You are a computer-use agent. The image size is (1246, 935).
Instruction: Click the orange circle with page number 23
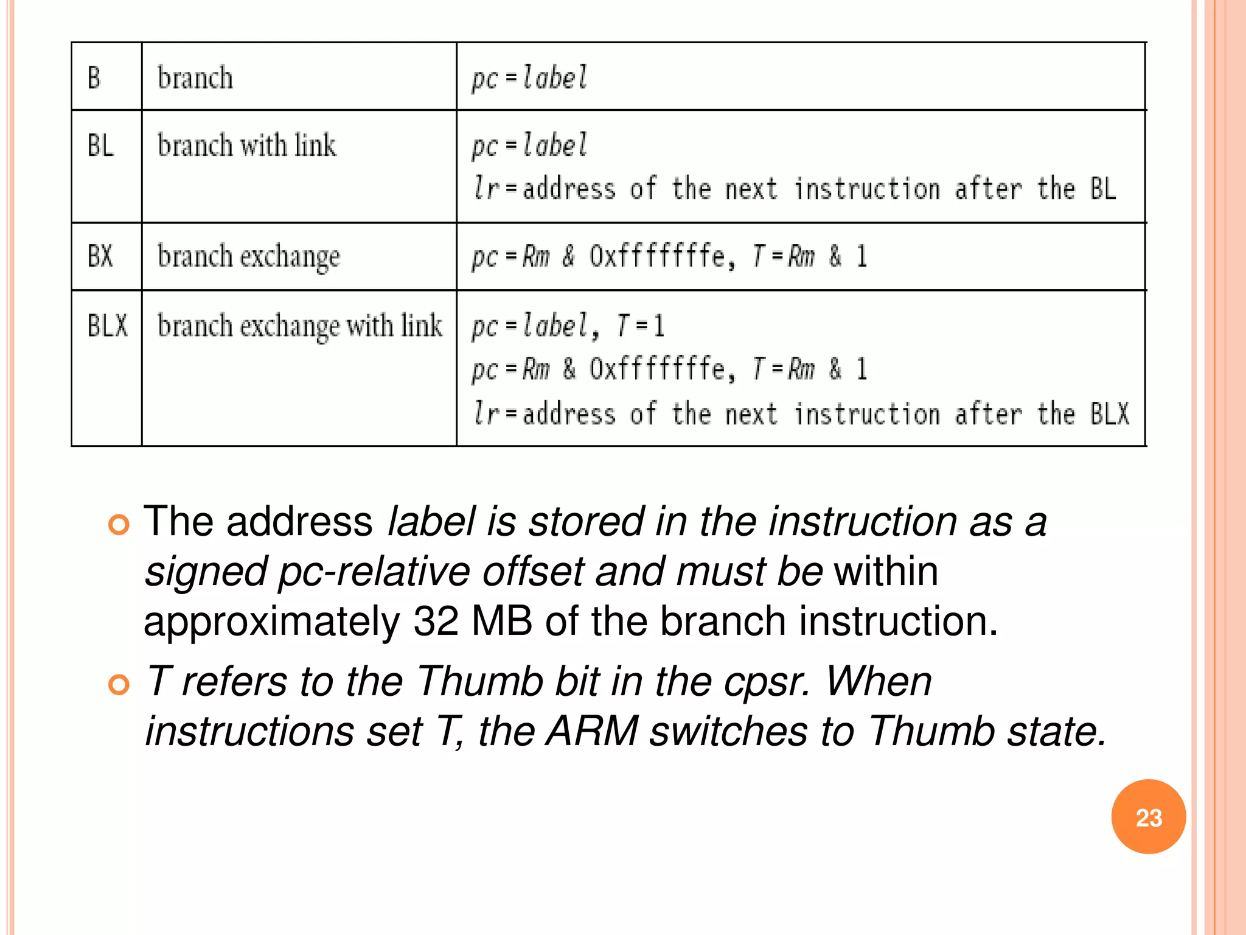[x=1148, y=817]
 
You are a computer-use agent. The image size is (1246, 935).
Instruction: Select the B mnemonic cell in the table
[x=94, y=78]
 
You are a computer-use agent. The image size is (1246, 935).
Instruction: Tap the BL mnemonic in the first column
[x=100, y=145]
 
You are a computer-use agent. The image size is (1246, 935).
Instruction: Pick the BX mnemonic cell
[x=100, y=256]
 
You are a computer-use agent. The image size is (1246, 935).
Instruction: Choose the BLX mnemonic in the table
[x=108, y=326]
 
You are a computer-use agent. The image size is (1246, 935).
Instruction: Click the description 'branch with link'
[x=246, y=145]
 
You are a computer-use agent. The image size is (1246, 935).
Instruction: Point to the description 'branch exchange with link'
[x=299, y=326]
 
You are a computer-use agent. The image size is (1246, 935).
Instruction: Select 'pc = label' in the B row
[x=529, y=78]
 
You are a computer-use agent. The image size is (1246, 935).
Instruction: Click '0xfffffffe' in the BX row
[x=657, y=256]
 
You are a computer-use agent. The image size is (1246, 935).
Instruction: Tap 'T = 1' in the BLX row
[x=641, y=326]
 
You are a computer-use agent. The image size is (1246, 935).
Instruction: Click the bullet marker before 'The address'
[x=119, y=524]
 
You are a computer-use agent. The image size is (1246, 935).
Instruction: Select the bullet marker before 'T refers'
[x=119, y=685]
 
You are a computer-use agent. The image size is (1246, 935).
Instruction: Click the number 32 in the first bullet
[x=436, y=622]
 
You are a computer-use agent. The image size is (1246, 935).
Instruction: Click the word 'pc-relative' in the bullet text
[x=374, y=572]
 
